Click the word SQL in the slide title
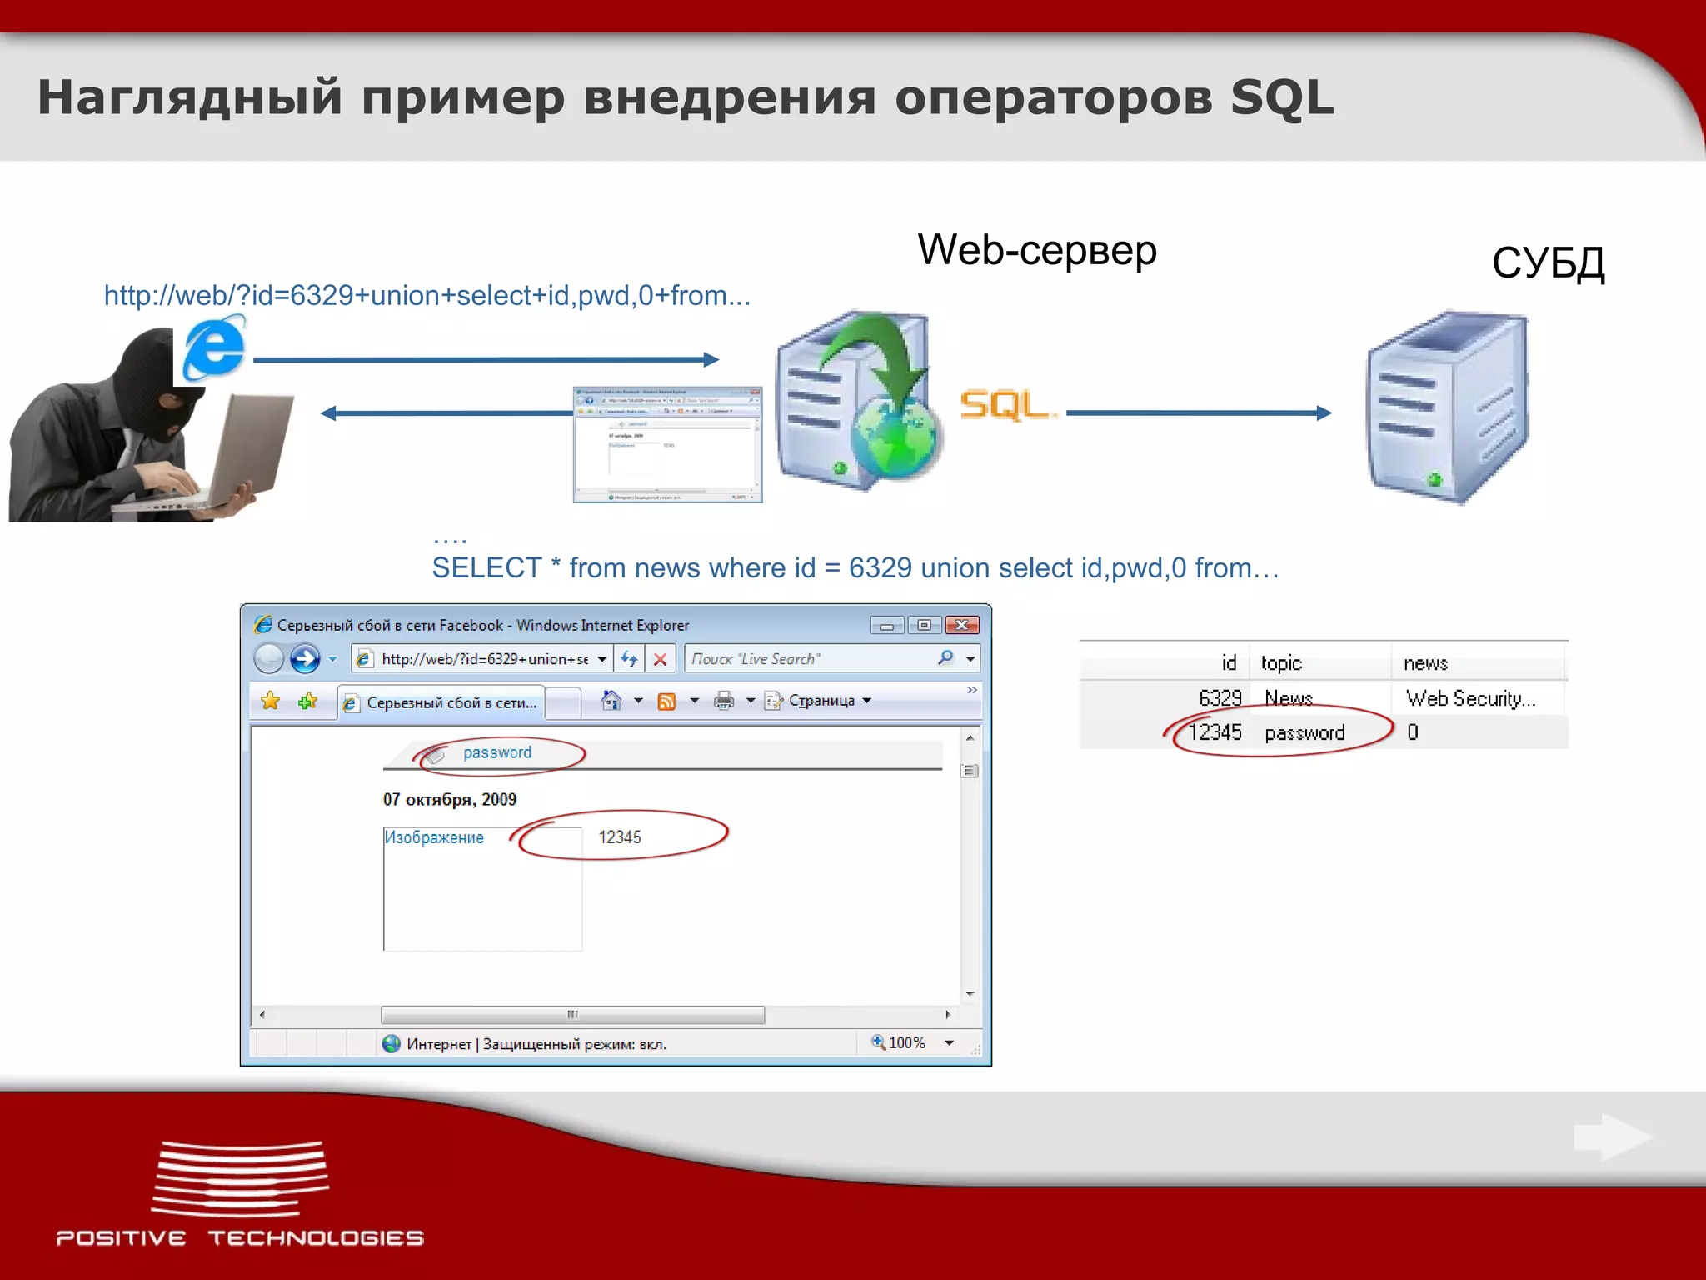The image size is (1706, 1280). [1281, 98]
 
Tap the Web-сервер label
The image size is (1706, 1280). [1037, 250]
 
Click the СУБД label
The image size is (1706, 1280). [1548, 263]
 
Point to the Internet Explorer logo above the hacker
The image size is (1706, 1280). [214, 348]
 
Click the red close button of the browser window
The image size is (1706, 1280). [962, 625]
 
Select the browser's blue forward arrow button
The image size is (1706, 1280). [305, 659]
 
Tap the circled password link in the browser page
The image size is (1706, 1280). [497, 753]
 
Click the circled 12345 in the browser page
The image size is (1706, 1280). [620, 837]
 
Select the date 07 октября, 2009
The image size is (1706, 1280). [450, 800]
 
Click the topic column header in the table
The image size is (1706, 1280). [1281, 663]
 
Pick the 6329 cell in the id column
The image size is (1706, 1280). [1220, 698]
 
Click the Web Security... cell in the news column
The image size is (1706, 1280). [1470, 698]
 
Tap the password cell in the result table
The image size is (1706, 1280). [1304, 733]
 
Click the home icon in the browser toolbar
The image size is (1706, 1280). [611, 701]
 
